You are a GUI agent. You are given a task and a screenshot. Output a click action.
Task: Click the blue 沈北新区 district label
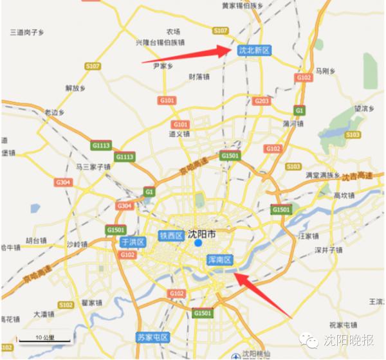[254, 50]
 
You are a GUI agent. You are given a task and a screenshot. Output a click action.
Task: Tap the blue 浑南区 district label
[220, 260]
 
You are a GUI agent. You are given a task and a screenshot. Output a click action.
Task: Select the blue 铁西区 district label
[172, 235]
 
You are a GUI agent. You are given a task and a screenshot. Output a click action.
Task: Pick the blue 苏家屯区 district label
[152, 337]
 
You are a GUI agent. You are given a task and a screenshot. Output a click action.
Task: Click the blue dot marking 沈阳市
[198, 243]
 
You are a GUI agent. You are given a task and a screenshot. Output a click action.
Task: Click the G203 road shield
[261, 101]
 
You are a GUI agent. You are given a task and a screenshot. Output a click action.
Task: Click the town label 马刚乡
[326, 71]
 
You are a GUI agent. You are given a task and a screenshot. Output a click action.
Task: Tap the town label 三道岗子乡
[28, 31]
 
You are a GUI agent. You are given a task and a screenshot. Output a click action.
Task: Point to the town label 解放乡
[75, 89]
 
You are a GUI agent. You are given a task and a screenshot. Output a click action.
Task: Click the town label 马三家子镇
[93, 166]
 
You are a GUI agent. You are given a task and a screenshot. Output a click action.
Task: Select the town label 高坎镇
[345, 195]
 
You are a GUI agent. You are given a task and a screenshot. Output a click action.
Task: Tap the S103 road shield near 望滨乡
[353, 134]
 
